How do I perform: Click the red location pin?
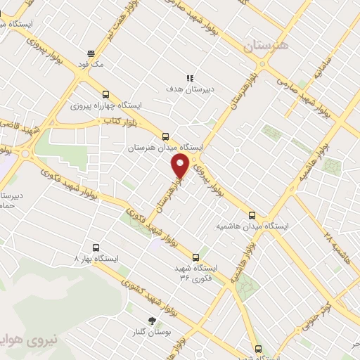tap(180, 165)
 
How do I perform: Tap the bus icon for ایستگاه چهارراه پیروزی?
tap(105, 94)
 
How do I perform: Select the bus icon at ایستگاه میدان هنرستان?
tap(166, 136)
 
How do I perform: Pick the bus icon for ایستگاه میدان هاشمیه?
tap(252, 215)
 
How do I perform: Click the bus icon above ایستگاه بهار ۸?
tap(96, 247)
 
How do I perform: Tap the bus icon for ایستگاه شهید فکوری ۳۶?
tap(196, 257)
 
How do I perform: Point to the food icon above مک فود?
tap(91, 53)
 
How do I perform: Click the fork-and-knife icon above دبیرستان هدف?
tap(189, 77)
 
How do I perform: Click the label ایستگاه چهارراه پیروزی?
tap(105, 105)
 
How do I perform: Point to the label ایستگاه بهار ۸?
tap(96, 259)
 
